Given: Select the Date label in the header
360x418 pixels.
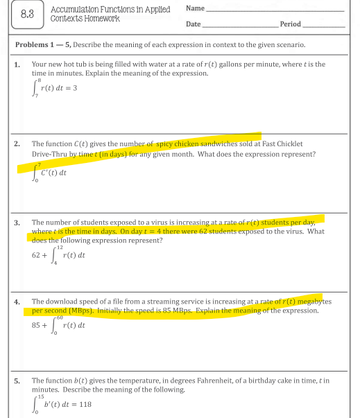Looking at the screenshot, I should pos(194,24).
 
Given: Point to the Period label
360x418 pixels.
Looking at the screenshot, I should pos(291,24).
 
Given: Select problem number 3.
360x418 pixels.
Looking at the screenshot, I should pos(17,223).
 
